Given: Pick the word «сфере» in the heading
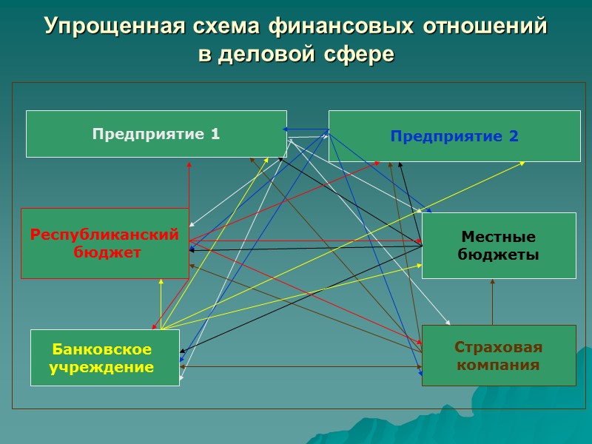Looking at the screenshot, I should tap(359, 55).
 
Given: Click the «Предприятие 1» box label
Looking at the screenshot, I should tap(156, 134).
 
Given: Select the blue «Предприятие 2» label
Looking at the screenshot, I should tap(454, 136).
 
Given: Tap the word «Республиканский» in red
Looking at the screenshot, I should tap(104, 235).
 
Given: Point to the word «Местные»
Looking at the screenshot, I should tap(498, 237).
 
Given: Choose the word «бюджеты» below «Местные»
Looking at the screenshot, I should tap(498, 255).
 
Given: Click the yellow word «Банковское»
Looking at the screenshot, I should tap(101, 349).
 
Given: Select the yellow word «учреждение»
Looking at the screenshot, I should tap(101, 366).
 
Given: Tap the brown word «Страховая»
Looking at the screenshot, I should tap(498, 347).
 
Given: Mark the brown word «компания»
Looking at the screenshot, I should tap(498, 365).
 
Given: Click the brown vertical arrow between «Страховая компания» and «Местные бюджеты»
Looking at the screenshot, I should tap(492, 302).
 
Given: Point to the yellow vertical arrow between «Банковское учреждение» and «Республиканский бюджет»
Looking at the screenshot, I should tap(161, 303).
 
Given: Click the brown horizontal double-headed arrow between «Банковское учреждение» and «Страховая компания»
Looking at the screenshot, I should tap(300, 366).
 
